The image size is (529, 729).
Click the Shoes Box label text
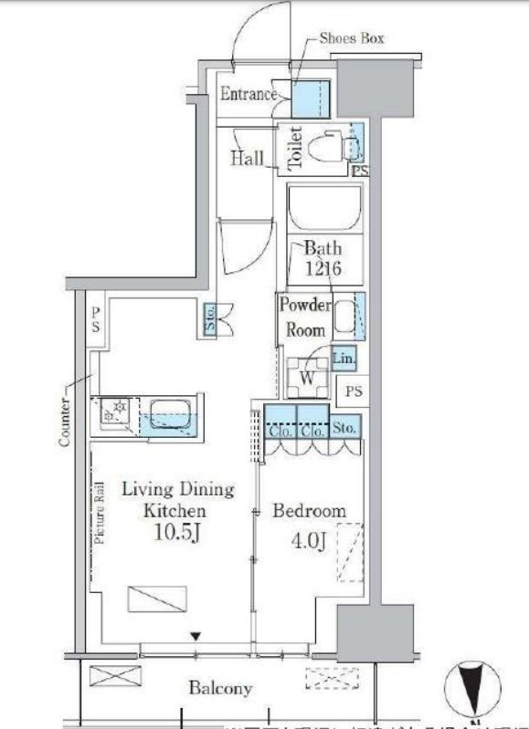(x=351, y=38)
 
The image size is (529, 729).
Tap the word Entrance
(x=248, y=94)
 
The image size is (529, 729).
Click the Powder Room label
(x=305, y=318)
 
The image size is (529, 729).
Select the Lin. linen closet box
(x=344, y=359)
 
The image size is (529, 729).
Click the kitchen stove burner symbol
(x=116, y=415)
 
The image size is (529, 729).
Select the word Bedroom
(x=309, y=511)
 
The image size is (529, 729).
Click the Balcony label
(x=220, y=688)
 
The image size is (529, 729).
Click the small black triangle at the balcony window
(x=195, y=635)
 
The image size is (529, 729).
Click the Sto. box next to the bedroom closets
(x=344, y=425)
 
